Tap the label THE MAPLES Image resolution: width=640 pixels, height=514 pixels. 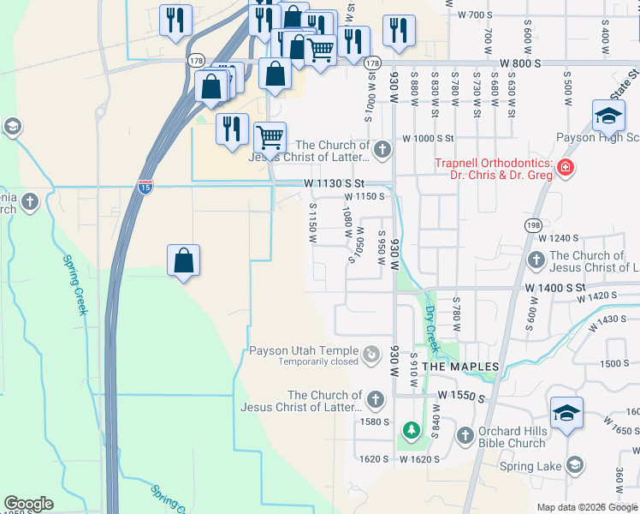pos(461,367)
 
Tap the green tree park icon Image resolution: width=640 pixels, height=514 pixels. pos(411,428)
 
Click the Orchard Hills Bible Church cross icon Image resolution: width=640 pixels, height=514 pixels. pos(465,436)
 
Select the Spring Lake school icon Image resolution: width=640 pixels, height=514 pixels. pos(575,465)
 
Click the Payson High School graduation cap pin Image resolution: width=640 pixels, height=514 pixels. pos(608,116)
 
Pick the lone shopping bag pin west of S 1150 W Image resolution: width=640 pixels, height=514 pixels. pos(184,261)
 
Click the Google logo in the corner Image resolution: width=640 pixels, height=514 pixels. pos(29,504)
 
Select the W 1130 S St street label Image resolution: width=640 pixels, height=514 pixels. pos(334,183)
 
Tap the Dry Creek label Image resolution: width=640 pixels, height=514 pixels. pos(432,330)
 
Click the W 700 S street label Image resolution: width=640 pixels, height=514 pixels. pos(476,15)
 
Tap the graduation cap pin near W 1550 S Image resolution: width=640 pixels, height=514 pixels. pos(566,413)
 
